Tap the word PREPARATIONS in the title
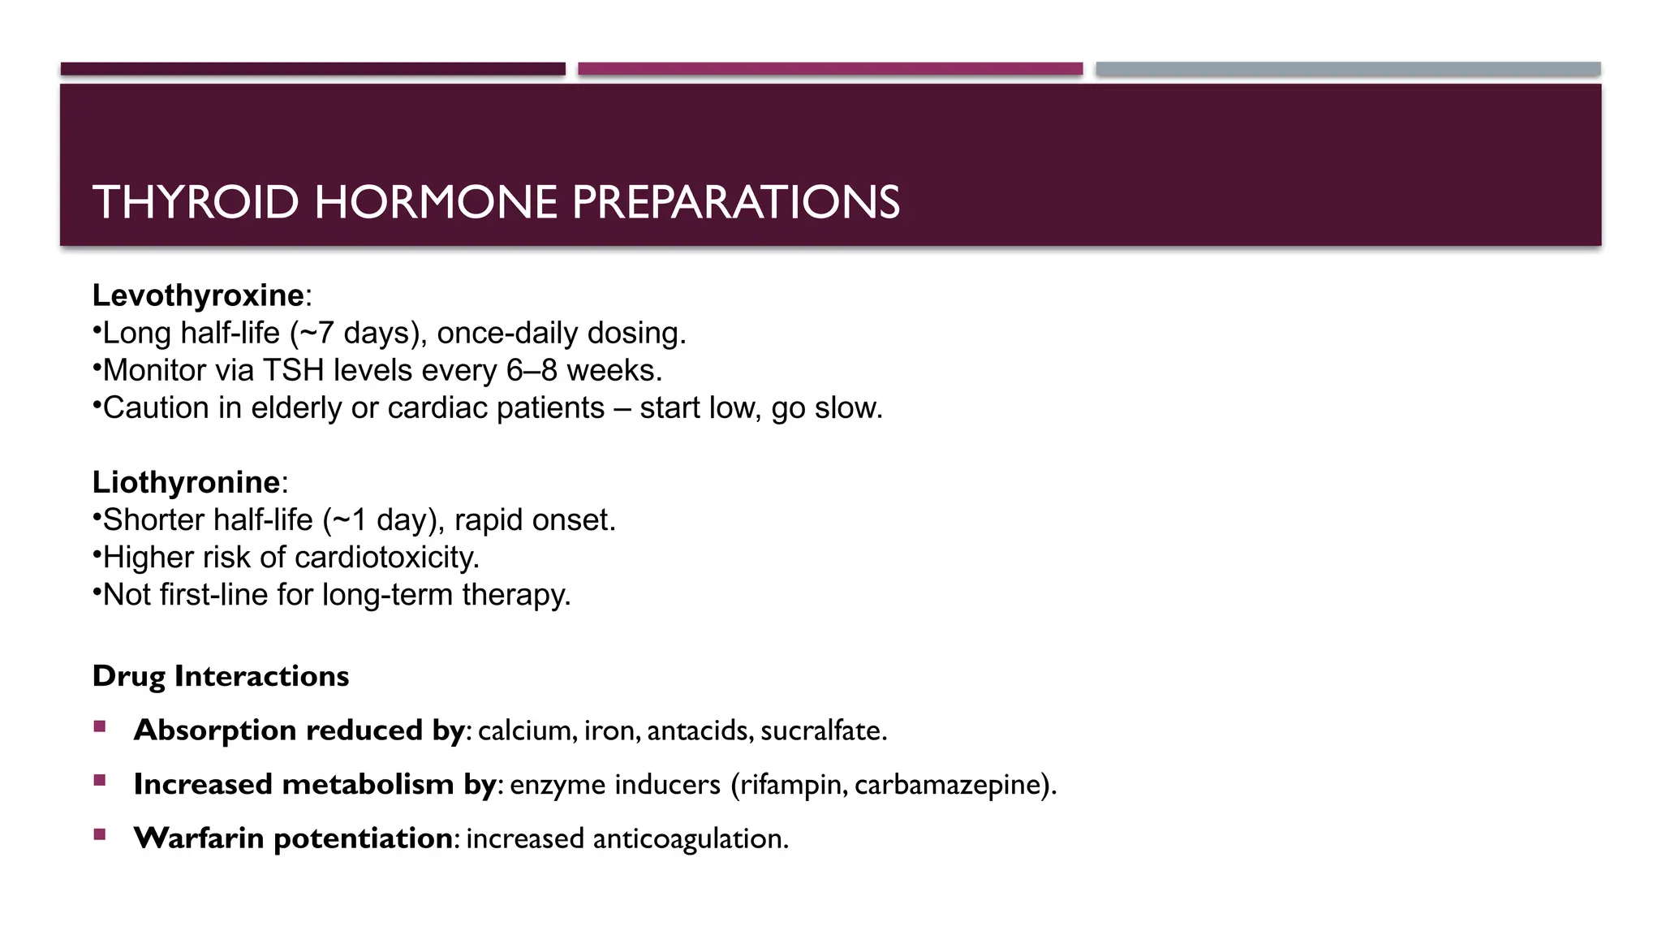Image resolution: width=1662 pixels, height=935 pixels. pyautogui.click(x=736, y=202)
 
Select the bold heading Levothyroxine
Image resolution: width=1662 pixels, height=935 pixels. pyautogui.click(x=198, y=295)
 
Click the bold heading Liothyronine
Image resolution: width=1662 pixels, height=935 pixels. pyautogui.click(x=186, y=482)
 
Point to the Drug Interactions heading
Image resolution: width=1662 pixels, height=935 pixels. pyautogui.click(x=221, y=676)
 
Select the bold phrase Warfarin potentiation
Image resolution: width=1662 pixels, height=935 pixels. pyautogui.click(x=293, y=838)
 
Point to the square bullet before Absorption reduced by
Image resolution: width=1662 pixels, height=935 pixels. pyautogui.click(x=100, y=726)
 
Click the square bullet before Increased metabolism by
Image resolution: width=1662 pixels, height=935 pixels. pyautogui.click(x=100, y=781)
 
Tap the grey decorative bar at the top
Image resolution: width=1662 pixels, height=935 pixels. pyautogui.click(x=1348, y=69)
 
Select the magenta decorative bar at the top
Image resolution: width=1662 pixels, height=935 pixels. pyautogui.click(x=830, y=69)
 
